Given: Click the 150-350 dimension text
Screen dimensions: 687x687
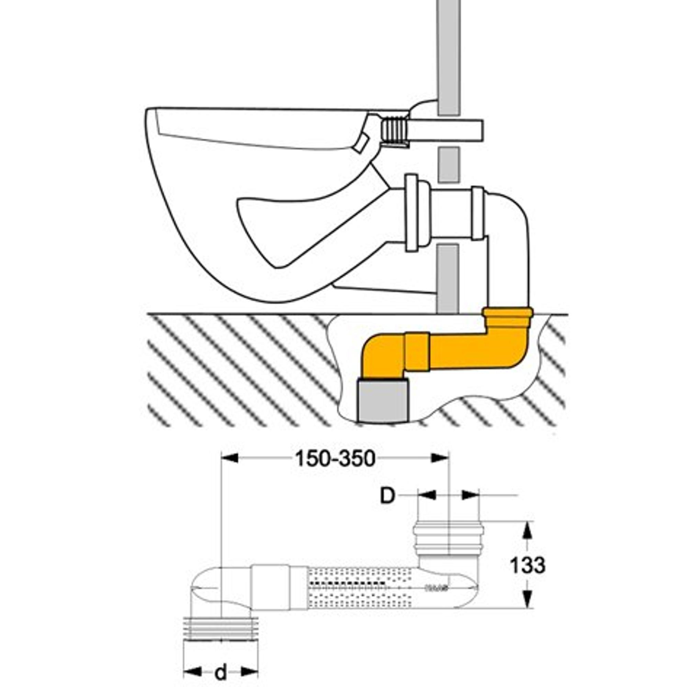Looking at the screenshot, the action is tap(335, 459).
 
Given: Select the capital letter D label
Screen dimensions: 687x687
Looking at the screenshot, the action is tap(387, 496).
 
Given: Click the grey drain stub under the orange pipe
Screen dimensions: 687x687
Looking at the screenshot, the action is tap(384, 401).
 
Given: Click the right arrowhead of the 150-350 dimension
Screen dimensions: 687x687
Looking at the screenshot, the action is tap(441, 458).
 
